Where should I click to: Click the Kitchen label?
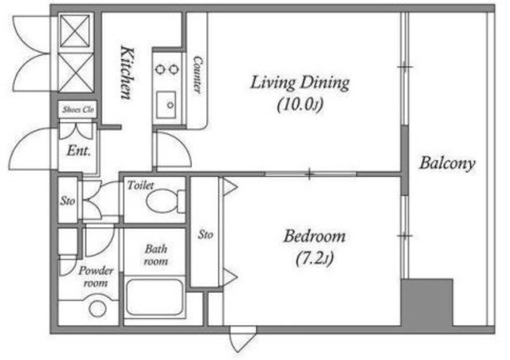(127, 72)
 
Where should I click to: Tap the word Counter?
(197, 76)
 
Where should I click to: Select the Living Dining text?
(300, 83)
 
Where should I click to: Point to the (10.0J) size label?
(300, 104)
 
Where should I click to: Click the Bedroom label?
(314, 237)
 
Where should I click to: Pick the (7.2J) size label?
(315, 259)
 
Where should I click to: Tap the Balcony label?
(447, 163)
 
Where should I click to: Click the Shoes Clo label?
(78, 110)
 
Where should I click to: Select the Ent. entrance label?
(78, 151)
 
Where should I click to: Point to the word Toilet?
(140, 185)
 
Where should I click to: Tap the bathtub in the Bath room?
(154, 298)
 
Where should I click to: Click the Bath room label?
(156, 255)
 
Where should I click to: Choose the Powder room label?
(96, 276)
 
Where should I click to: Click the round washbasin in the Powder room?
(97, 307)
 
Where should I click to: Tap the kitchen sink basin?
(166, 105)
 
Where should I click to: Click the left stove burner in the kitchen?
(159, 69)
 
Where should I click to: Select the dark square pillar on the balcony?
(427, 303)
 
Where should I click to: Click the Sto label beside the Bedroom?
(206, 234)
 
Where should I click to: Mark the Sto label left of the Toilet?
(68, 201)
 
